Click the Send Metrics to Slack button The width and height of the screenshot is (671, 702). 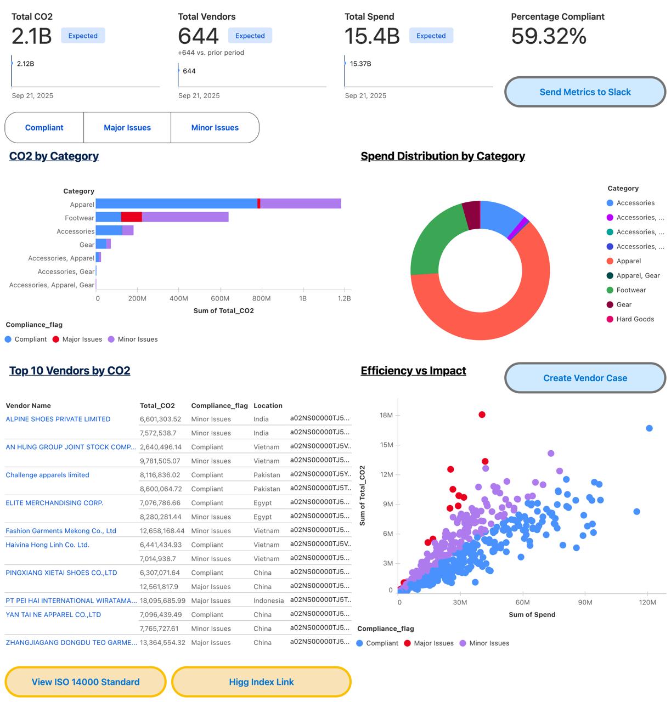pos(585,92)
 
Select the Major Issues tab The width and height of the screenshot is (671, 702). pos(127,128)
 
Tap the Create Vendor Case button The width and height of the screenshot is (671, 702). pos(585,378)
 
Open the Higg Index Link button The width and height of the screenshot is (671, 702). pos(261,682)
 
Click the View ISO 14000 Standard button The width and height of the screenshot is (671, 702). pos(86,682)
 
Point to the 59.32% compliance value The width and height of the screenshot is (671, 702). pos(549,36)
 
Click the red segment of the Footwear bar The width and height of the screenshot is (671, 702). pos(132,217)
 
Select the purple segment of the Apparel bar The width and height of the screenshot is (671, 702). pos(301,203)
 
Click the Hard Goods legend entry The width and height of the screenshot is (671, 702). pos(635,319)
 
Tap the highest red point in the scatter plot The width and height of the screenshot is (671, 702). pos(482,415)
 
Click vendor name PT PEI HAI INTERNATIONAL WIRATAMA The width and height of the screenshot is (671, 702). pos(71,601)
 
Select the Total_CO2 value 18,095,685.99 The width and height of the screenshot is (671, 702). pos(162,601)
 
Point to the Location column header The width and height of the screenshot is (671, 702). pos(268,406)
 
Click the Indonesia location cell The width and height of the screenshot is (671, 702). pos(268,601)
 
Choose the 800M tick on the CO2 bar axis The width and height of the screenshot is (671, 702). pos(261,298)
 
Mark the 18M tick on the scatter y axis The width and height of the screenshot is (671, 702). pos(386,415)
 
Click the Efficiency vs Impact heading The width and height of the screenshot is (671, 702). pos(413,371)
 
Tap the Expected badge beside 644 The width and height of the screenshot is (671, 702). pos(250,36)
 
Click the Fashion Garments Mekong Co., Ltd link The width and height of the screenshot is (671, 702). pos(61,531)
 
